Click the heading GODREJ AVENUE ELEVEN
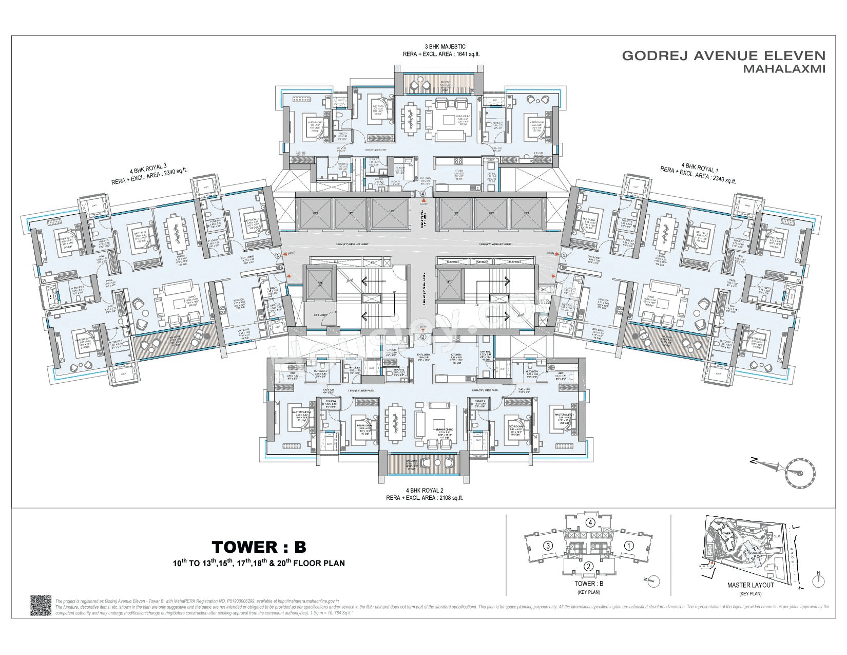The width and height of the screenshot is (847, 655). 723,55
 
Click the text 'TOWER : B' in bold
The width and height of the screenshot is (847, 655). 259,546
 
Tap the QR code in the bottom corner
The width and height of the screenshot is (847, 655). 42,606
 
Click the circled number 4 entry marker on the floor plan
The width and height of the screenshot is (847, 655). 422,194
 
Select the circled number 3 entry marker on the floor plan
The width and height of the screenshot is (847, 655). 278,255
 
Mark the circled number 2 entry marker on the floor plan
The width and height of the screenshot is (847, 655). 423,338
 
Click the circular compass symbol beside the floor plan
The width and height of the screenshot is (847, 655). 798,470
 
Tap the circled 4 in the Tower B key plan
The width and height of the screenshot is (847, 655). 591,523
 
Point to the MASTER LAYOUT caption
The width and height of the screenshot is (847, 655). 750,585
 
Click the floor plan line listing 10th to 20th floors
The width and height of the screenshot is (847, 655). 259,563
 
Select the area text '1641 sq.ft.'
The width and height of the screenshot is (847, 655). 467,53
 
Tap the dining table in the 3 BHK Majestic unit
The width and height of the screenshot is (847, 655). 410,119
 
